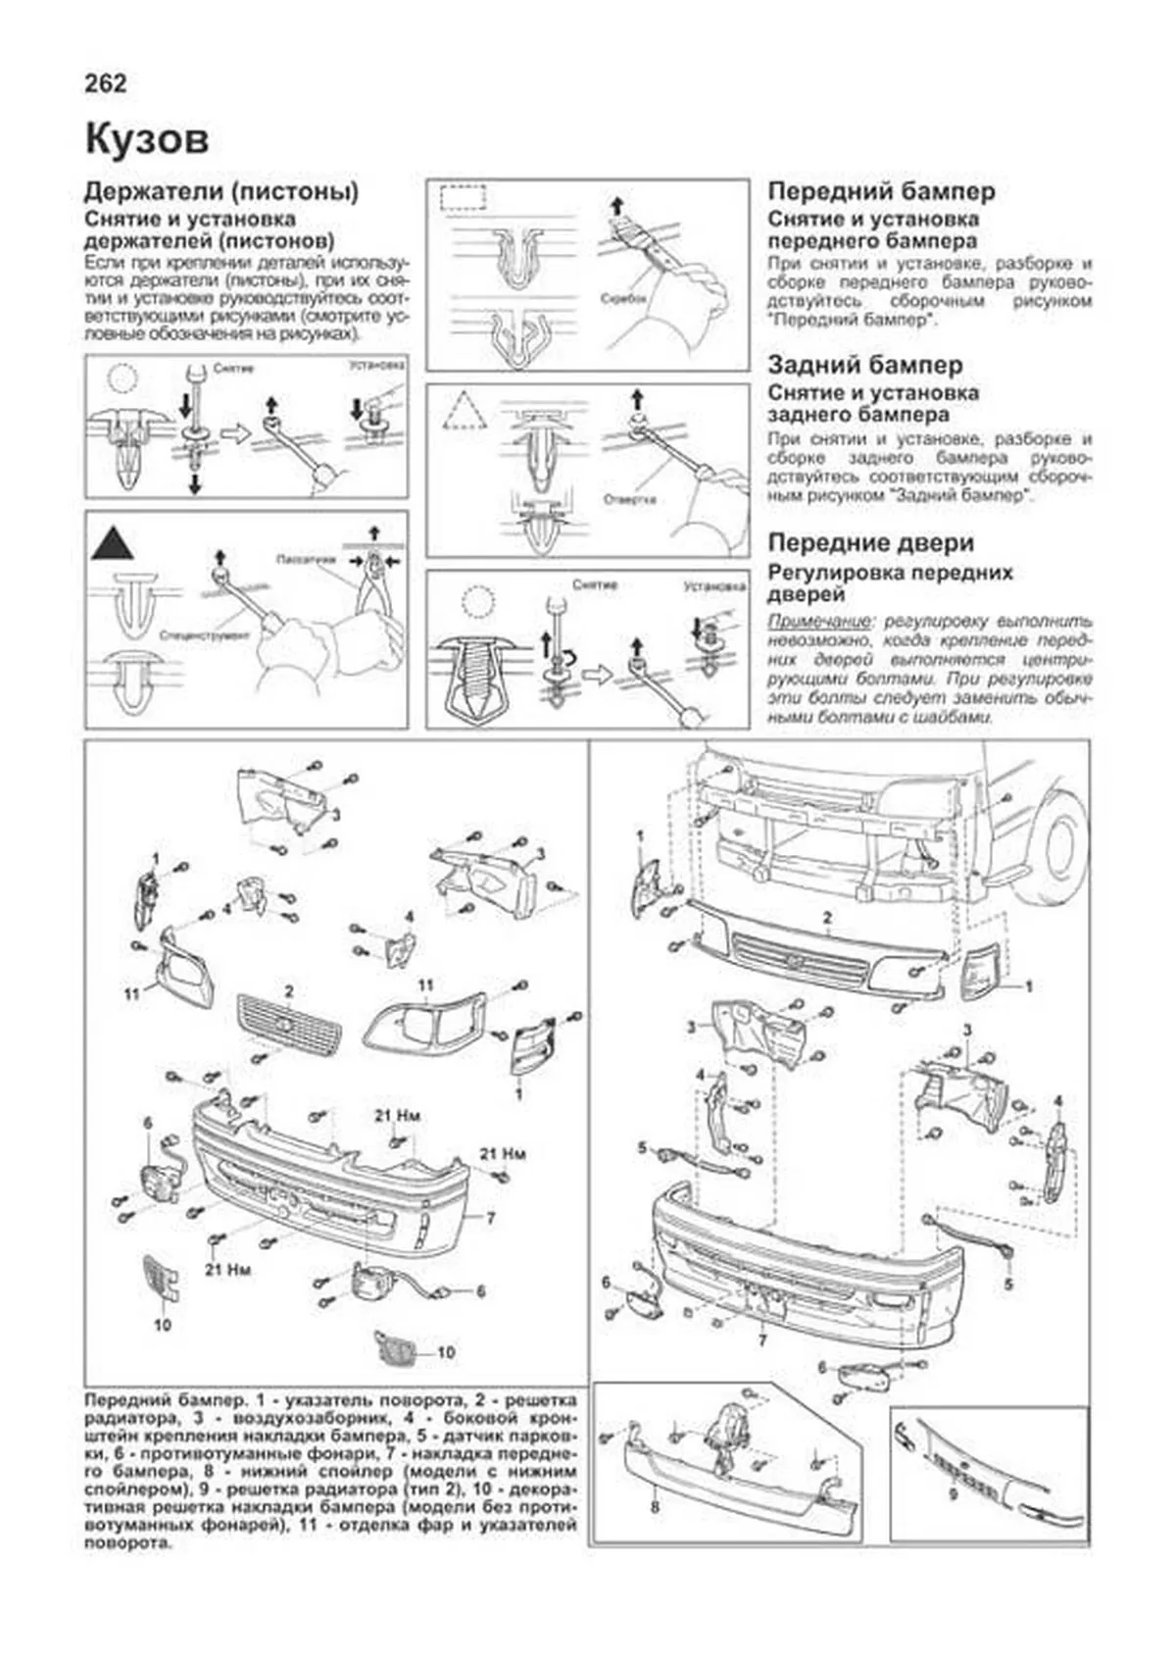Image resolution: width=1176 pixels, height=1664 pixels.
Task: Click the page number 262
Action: (x=106, y=84)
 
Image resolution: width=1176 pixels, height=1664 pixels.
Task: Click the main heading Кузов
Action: (x=147, y=140)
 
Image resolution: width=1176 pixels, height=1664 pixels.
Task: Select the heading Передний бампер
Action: (x=881, y=191)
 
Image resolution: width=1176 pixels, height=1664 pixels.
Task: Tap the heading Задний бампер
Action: (x=865, y=365)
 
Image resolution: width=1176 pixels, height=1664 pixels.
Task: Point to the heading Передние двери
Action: (x=870, y=542)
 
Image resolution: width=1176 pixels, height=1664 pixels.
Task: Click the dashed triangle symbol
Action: (x=465, y=411)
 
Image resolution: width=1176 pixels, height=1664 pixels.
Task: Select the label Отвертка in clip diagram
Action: (x=629, y=499)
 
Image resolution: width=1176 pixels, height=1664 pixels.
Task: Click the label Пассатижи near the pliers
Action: (x=307, y=558)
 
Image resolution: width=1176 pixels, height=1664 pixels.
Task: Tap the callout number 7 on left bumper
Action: (x=490, y=1218)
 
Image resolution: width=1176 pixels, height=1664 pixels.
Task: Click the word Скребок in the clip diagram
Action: (x=622, y=298)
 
